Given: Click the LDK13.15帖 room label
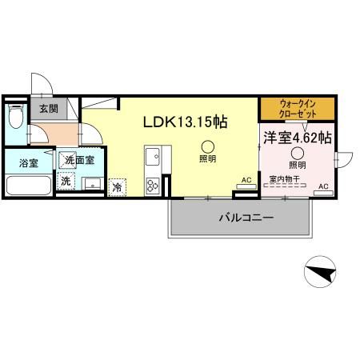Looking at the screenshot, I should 185,122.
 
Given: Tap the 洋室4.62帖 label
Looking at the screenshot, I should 298,137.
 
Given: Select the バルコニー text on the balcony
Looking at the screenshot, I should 246,217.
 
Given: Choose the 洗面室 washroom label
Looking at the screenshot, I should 80,160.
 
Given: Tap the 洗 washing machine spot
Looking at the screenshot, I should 66,181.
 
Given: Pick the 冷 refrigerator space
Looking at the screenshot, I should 117,187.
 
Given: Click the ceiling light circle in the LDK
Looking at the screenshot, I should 207,146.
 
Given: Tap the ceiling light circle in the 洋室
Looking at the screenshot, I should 298,153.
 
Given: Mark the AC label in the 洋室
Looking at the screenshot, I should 323,186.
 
